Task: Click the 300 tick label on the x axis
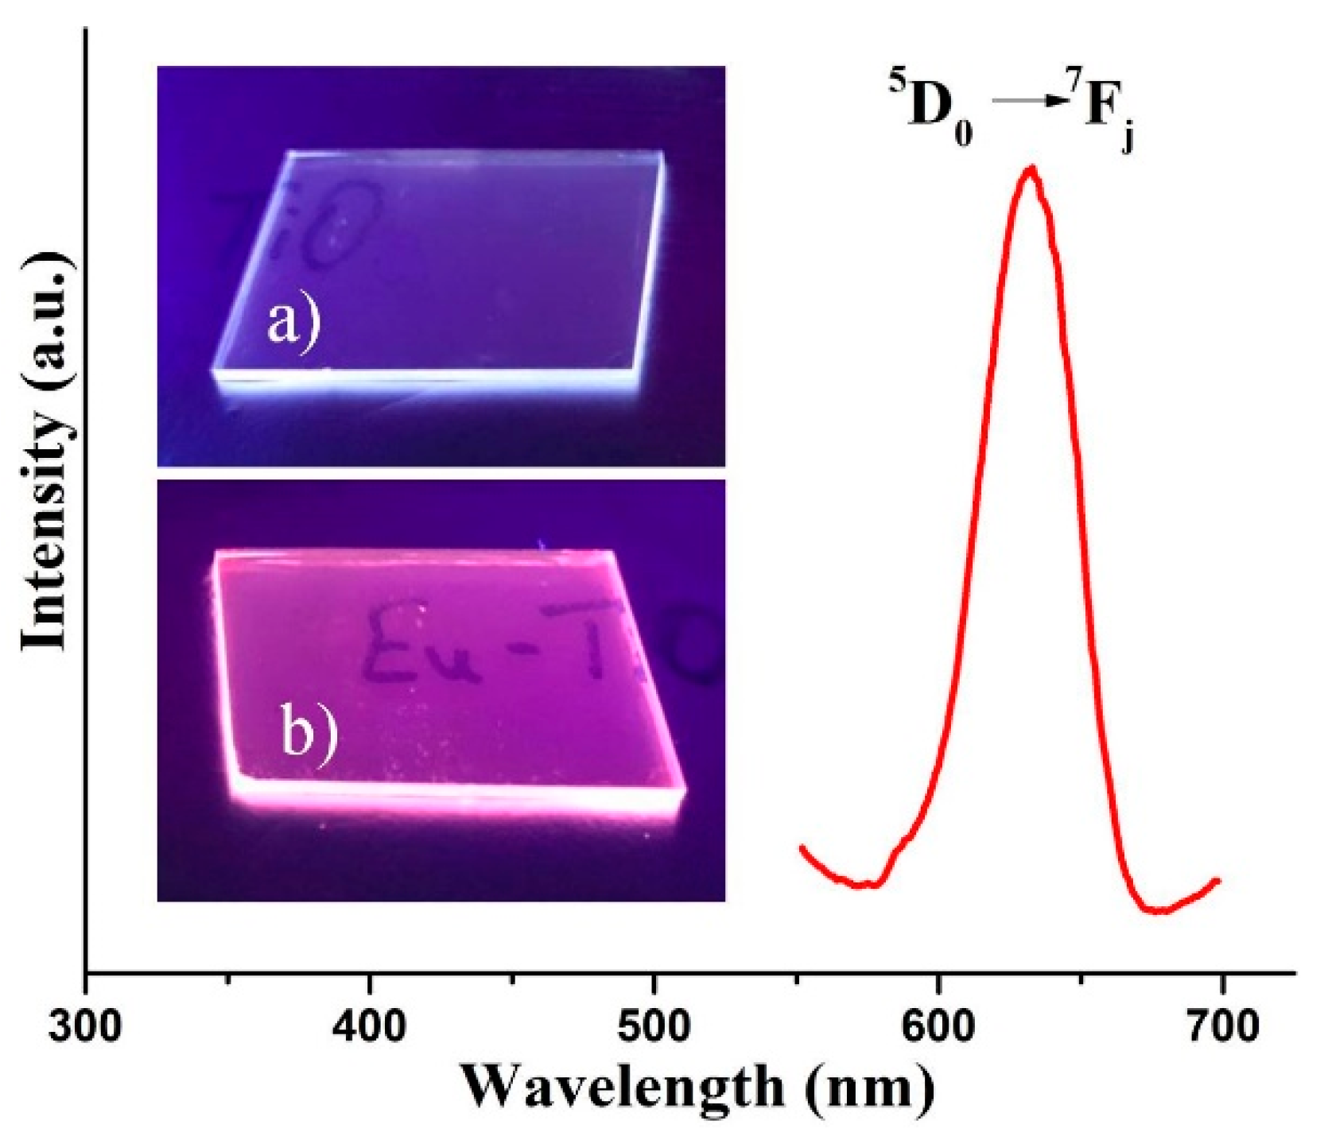point(85,1027)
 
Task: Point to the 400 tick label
point(369,1027)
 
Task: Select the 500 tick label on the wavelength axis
point(654,1027)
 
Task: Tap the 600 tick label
point(938,1027)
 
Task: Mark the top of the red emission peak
point(1031,169)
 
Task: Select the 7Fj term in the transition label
point(1105,109)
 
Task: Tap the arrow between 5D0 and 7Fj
point(1027,100)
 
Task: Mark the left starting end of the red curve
point(802,847)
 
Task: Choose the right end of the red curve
point(1218,880)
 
